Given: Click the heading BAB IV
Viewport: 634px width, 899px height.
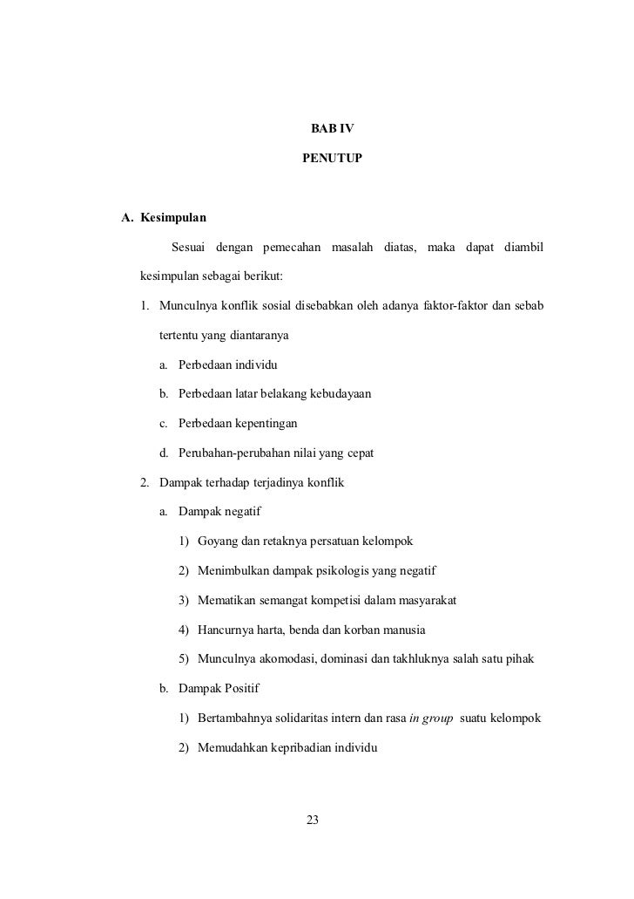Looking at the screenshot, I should (332, 129).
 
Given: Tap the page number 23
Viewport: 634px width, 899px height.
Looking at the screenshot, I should (314, 819).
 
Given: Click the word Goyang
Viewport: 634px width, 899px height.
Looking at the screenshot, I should (219, 541).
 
